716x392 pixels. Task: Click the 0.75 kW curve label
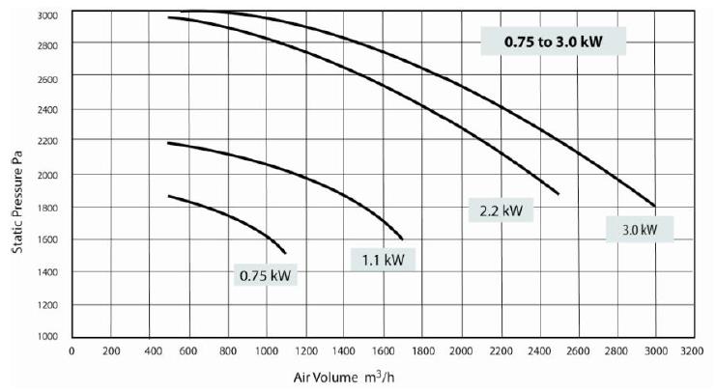(265, 276)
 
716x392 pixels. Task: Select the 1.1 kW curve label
(383, 259)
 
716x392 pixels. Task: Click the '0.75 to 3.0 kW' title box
(556, 42)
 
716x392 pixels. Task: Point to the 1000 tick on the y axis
(47, 337)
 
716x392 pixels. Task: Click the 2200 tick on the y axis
(47, 142)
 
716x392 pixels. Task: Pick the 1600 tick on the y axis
(47, 239)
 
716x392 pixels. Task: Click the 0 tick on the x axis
(72, 350)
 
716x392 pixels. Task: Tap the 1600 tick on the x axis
(384, 350)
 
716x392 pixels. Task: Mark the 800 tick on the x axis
(228, 350)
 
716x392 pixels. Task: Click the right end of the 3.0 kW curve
(655, 206)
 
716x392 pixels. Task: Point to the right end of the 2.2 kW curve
(558, 194)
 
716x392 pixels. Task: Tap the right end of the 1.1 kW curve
(402, 238)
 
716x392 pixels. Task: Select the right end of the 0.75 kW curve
(285, 253)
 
